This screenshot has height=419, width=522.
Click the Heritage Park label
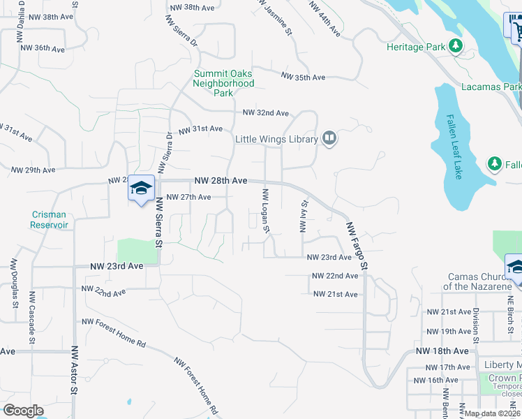pos(416,47)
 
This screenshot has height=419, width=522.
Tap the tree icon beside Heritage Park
pos(456,46)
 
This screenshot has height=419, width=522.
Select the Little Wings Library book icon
pos(329,139)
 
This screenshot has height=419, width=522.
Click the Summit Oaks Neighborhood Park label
pos(223,83)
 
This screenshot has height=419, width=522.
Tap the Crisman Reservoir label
pos(49,220)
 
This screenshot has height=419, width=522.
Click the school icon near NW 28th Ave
pos(141,189)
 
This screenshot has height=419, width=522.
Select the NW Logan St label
pos(265,209)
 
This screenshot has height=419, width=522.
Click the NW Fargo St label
pos(357,246)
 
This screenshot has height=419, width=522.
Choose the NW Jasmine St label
pos(272,13)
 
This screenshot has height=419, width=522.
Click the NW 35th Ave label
pos(303,77)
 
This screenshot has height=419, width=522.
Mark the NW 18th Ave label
pos(442,351)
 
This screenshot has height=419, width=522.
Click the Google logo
pos(23,411)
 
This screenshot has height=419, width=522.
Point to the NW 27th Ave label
pos(188,197)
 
